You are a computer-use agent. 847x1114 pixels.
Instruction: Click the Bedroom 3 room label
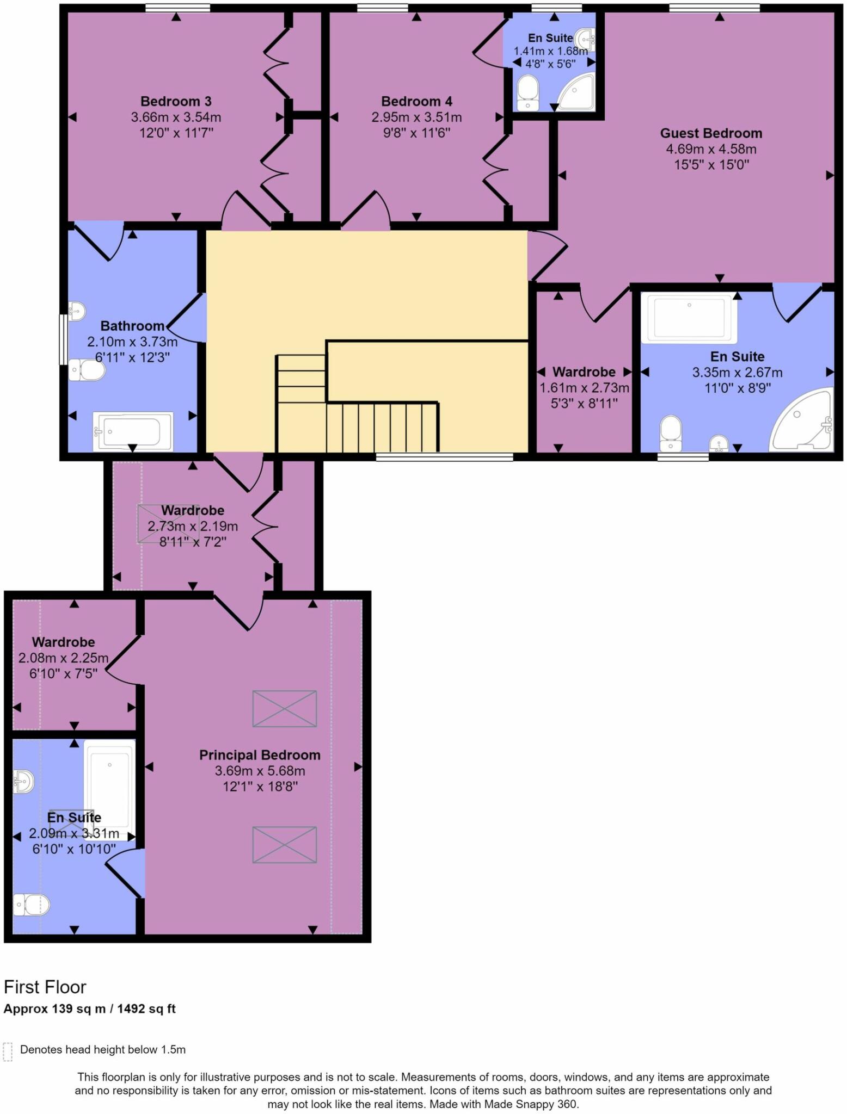tap(176, 101)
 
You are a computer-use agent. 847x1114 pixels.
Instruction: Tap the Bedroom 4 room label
tap(416, 101)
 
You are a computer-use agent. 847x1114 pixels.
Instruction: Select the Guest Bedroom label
tap(711, 133)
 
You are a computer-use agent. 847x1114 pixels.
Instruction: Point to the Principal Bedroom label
tap(260, 755)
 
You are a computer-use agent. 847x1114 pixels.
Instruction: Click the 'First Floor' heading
tap(45, 987)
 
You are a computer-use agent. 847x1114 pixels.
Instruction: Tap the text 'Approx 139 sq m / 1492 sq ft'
tap(90, 1009)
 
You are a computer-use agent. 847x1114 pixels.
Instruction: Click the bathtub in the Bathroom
tap(133, 432)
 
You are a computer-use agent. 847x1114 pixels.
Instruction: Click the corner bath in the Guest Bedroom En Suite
tap(802, 420)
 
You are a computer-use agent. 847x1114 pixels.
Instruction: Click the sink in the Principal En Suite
tap(23, 782)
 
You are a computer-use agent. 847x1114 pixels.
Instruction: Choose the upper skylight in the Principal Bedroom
tap(285, 709)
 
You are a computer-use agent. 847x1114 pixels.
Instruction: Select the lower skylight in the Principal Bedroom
tap(285, 845)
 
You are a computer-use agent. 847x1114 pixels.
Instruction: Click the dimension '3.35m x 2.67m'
tap(737, 373)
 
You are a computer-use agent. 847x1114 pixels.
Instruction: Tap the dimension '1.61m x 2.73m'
tap(584, 388)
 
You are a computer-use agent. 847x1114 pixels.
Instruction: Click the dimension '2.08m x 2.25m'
tap(64, 658)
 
